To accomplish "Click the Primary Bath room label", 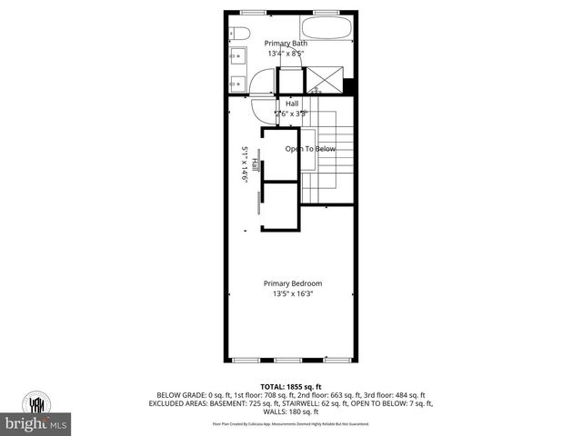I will [286, 43].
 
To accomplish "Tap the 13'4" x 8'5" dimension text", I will [286, 54].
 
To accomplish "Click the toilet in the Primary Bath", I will [238, 34].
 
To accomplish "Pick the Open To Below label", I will [310, 149].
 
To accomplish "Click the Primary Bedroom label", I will [293, 283].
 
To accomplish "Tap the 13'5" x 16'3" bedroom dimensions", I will [293, 293].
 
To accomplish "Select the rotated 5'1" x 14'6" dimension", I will [245, 164].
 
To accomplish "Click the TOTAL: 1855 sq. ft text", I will [291, 386].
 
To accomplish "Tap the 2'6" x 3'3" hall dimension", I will [293, 114].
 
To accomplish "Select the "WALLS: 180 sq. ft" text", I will [291, 411].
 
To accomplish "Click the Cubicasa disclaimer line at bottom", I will [291, 423].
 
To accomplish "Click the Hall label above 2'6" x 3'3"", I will [293, 104].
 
